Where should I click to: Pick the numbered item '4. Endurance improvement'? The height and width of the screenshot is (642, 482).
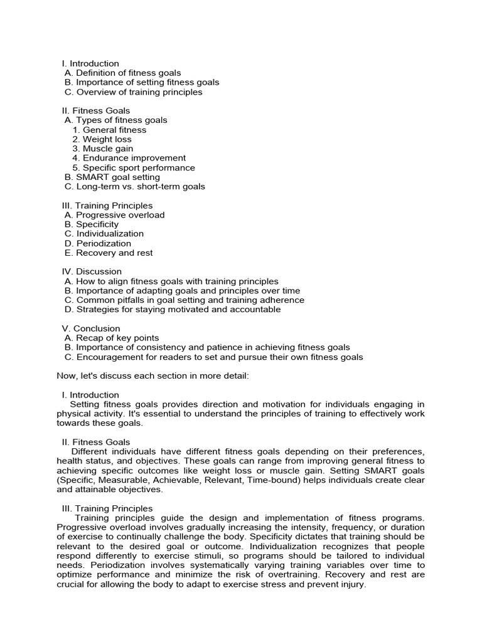coord(129,158)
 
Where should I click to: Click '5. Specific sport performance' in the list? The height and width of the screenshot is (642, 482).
coord(134,167)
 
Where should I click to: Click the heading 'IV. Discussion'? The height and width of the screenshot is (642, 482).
coord(92,271)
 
